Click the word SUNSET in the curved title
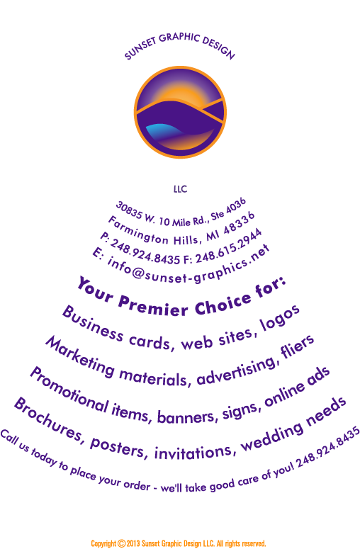coord(140,48)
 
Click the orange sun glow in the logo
coord(184,95)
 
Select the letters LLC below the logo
coord(180,189)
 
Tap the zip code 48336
coord(240,223)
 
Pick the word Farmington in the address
coord(138,230)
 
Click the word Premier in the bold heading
coord(153,306)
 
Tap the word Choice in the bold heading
coord(223,304)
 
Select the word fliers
coord(298,346)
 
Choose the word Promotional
coord(68,390)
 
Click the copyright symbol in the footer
coord(121,543)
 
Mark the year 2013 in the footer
coord(133,543)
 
